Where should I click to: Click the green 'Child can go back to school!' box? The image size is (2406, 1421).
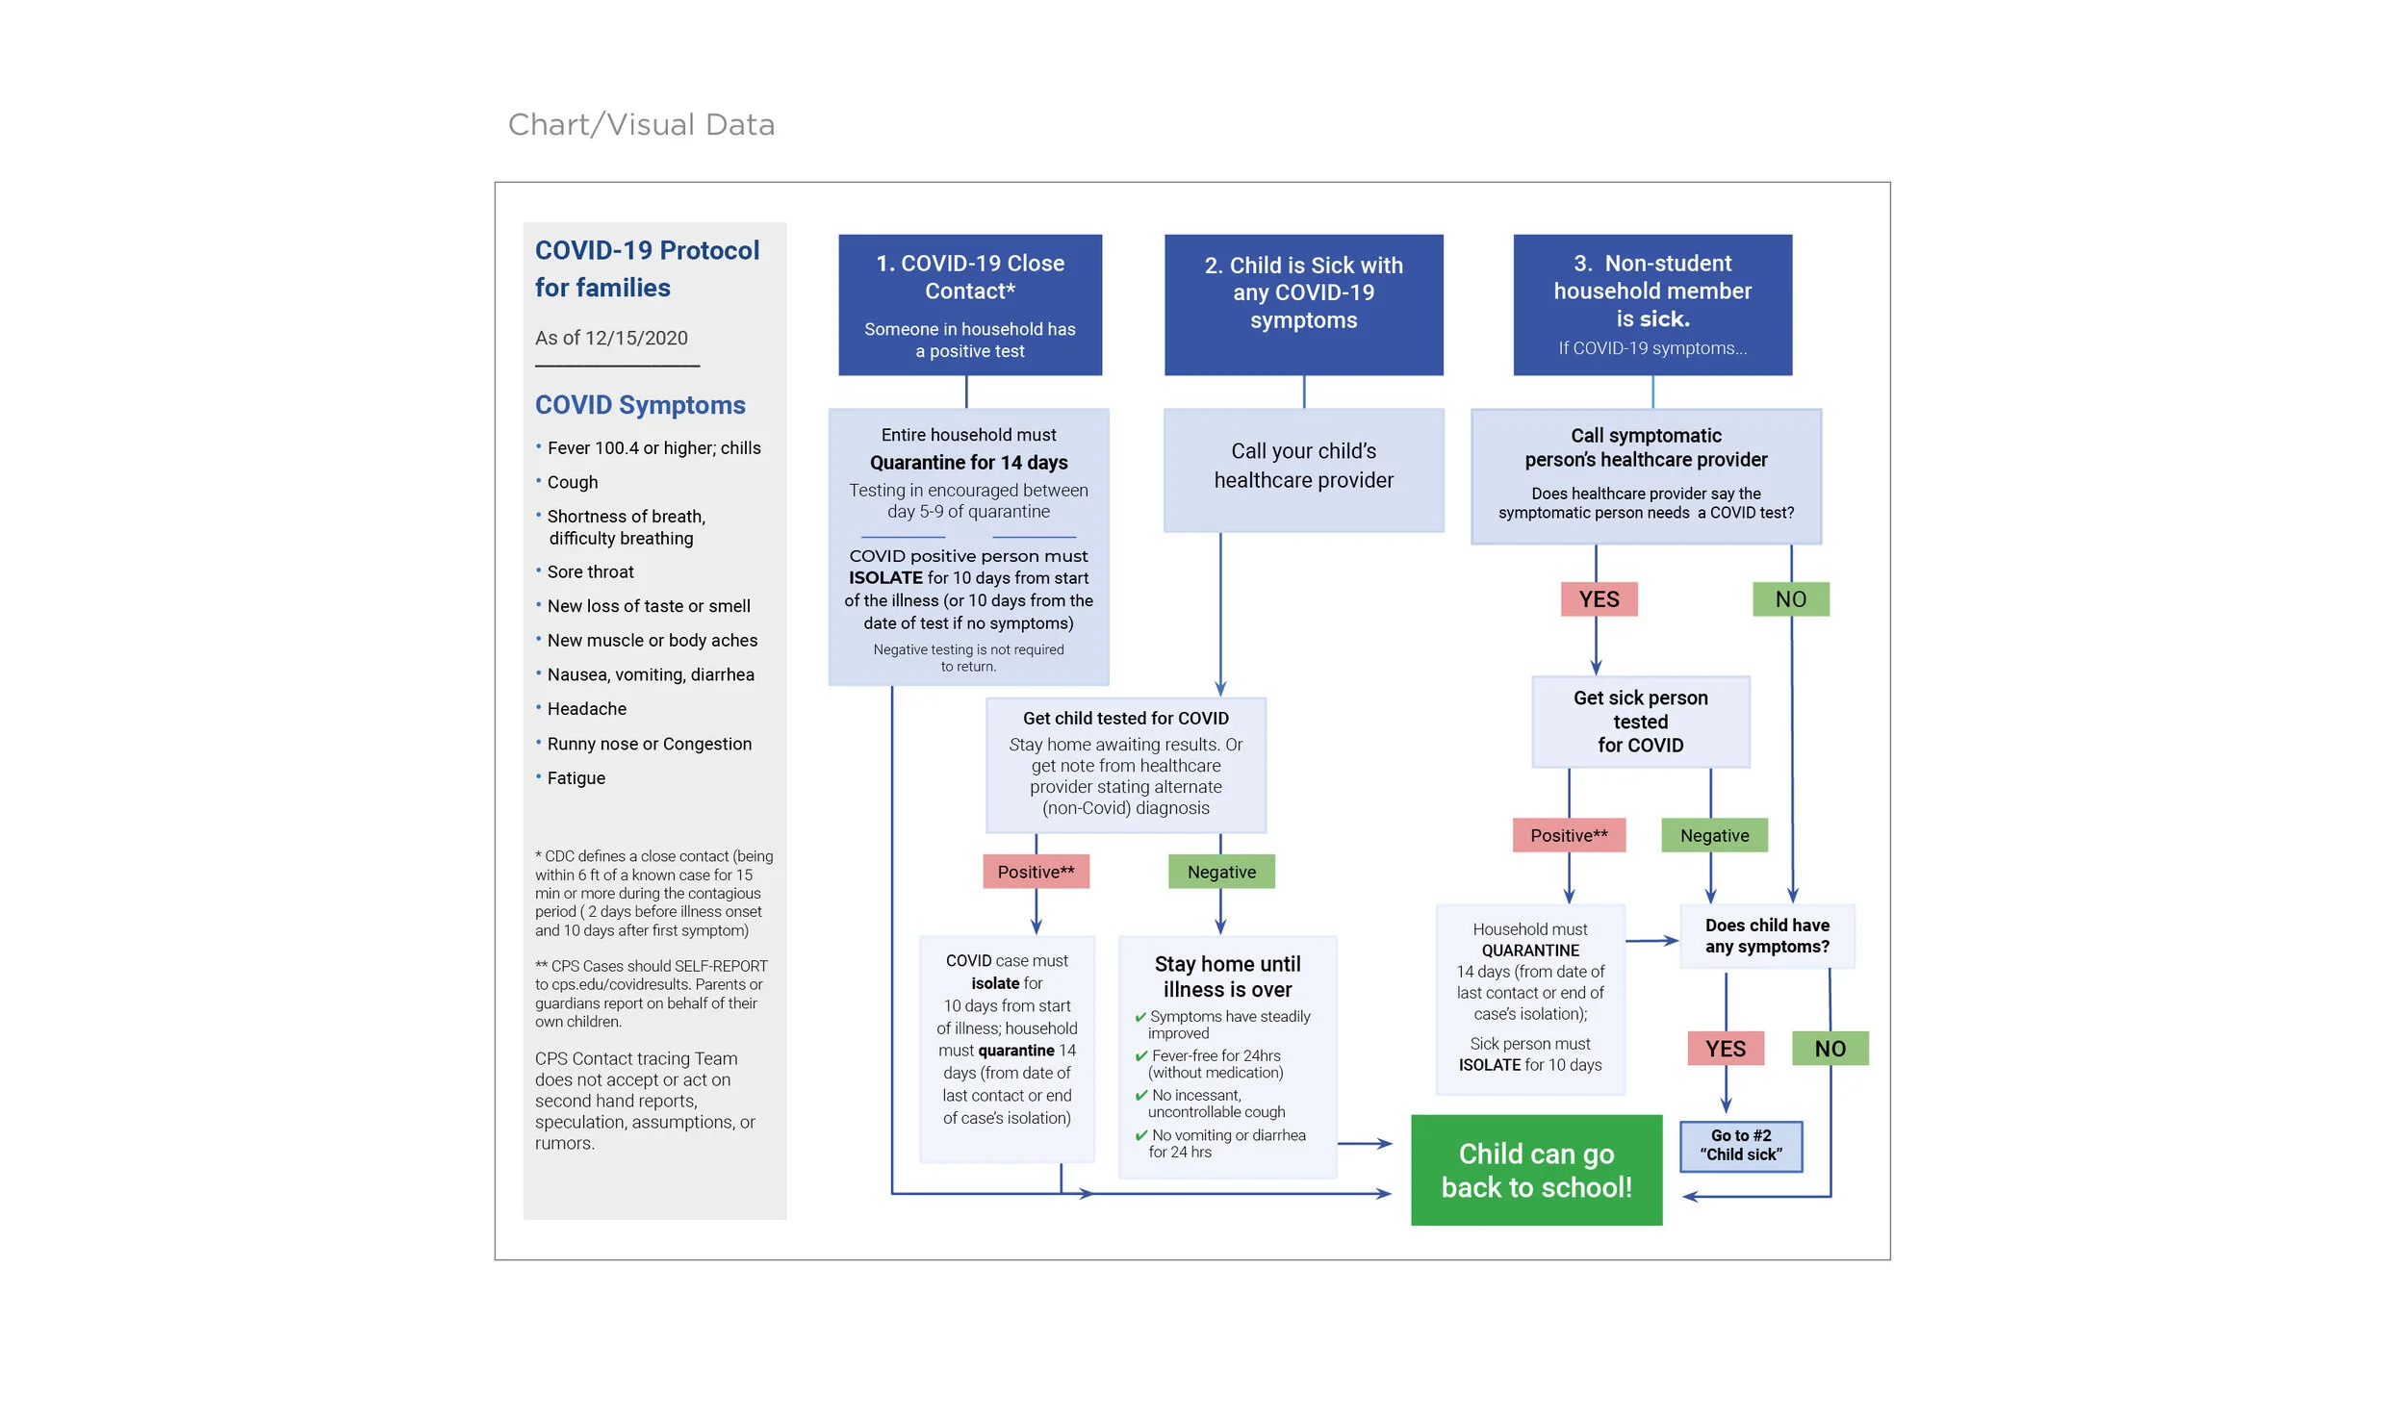point(1536,1170)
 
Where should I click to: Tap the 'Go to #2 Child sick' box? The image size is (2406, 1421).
point(1740,1146)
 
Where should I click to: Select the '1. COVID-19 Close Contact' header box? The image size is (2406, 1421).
point(970,304)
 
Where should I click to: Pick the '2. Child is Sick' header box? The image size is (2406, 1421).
point(1303,304)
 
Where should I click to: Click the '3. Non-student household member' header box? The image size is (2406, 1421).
point(1652,304)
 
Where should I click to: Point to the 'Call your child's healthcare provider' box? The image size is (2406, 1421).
point(1303,469)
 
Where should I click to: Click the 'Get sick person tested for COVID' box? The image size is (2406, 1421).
point(1640,722)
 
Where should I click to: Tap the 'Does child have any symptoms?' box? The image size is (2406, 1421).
point(1767,936)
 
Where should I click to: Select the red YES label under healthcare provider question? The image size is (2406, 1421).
point(1599,599)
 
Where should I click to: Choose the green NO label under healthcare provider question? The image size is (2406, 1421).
point(1790,599)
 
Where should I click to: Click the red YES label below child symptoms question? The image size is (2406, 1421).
point(1726,1049)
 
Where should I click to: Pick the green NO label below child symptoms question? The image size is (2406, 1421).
point(1830,1049)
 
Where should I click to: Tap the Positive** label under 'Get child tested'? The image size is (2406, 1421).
point(1036,872)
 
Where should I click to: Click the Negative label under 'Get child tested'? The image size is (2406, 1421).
point(1221,872)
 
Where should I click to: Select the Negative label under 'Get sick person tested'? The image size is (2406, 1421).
point(1714,835)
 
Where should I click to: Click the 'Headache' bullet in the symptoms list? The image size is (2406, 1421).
point(586,709)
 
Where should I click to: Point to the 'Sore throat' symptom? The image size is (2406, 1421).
point(590,572)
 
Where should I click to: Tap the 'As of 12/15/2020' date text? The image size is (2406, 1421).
point(611,338)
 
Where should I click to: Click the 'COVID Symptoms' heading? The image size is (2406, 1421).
point(640,405)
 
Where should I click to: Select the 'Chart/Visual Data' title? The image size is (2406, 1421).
point(641,125)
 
